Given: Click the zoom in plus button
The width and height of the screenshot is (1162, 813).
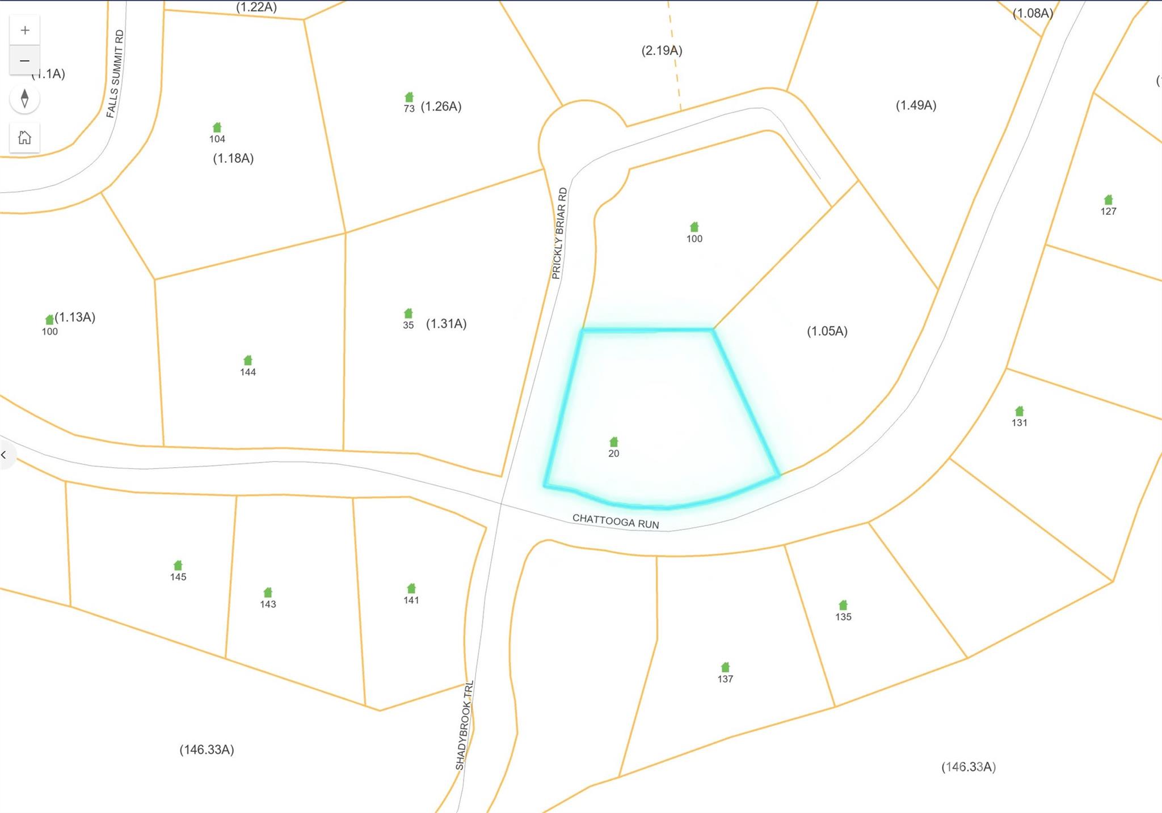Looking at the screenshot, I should pos(25,31).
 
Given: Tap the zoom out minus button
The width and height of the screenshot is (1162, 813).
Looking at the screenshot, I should pos(25,61).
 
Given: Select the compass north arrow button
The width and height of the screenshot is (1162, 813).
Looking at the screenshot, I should pos(24,99).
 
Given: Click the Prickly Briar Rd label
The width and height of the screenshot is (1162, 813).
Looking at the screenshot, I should pos(559,233).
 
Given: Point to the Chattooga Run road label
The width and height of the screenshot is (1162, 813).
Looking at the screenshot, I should pos(616,521).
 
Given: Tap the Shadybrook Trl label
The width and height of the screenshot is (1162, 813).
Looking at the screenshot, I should pos(464,725).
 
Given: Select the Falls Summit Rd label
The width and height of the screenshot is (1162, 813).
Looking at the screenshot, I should pos(115,74).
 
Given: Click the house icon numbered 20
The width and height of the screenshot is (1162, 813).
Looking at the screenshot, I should pos(614,442).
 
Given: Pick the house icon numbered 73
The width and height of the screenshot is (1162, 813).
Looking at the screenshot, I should pos(409,97).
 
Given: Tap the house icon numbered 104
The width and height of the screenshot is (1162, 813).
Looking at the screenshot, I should pos(217,128).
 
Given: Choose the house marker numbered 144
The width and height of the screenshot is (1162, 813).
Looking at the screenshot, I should pos(248,361).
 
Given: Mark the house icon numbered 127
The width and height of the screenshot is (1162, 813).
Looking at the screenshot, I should pos(1109,200).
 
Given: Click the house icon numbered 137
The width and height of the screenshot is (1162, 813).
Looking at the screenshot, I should pos(725,667).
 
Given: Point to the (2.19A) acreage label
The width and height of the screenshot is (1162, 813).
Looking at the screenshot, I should pos(662,50).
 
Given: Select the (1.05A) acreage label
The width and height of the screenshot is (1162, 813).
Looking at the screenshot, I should pos(827,331).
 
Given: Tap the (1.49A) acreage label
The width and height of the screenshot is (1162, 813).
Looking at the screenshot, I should pos(916,105).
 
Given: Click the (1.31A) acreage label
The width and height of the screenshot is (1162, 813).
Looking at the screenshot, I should pos(447,324).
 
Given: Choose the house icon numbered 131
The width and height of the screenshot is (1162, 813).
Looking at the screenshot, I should pos(1020,411).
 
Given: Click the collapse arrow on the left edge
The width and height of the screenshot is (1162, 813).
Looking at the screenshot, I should pos(5,455).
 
